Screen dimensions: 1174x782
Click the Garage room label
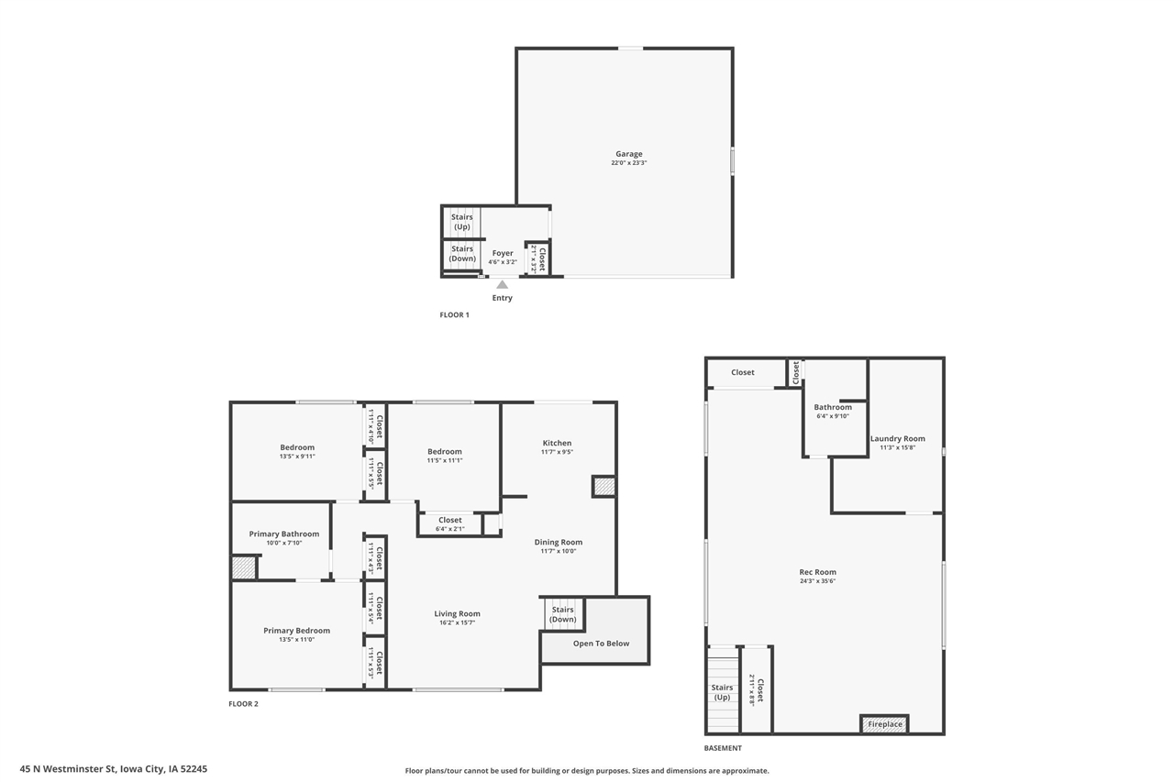pyautogui.click(x=629, y=153)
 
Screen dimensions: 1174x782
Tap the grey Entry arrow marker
pyautogui.click(x=502, y=284)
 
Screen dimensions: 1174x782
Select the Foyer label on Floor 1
pyautogui.click(x=503, y=253)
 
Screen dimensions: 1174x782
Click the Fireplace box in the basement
pyautogui.click(x=885, y=724)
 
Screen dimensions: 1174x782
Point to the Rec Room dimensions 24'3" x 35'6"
pyautogui.click(x=817, y=581)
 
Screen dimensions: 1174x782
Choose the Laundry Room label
pyautogui.click(x=898, y=438)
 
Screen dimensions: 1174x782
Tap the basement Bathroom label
pyautogui.click(x=833, y=407)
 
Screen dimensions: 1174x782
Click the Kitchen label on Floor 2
pyautogui.click(x=557, y=443)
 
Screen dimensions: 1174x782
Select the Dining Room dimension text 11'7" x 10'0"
pyautogui.click(x=559, y=551)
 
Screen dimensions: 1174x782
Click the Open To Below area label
pyautogui.click(x=601, y=644)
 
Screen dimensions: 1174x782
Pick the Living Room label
pyautogui.click(x=457, y=613)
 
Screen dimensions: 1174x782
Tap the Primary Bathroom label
pyautogui.click(x=284, y=534)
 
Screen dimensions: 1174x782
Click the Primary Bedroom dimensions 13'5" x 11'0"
pyautogui.click(x=296, y=640)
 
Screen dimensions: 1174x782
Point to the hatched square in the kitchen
pyautogui.click(x=604, y=487)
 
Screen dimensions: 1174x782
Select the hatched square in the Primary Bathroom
pyautogui.click(x=244, y=567)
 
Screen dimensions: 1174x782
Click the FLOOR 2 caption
pyautogui.click(x=243, y=703)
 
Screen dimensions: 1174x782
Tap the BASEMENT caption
pyautogui.click(x=723, y=748)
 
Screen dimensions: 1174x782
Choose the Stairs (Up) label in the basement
pyautogui.click(x=722, y=692)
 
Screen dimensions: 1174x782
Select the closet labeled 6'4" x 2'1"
pyautogui.click(x=449, y=524)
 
